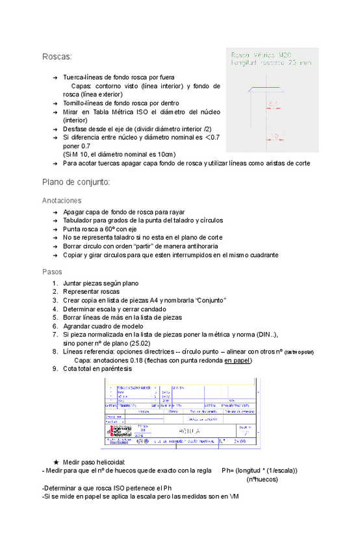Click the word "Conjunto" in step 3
tap(209, 300)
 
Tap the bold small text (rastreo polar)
tap(299, 352)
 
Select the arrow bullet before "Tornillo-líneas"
tap(55, 103)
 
